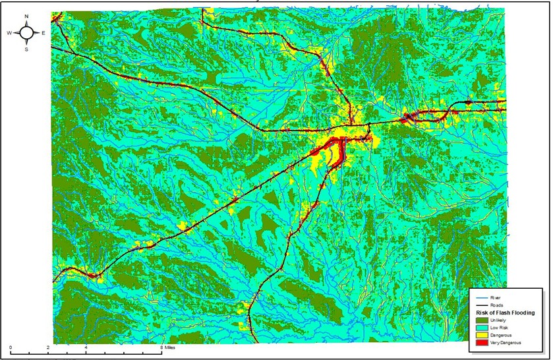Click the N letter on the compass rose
pyautogui.click(x=26, y=16)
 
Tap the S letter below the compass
pyautogui.click(x=26, y=48)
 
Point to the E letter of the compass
pyautogui.click(x=44, y=32)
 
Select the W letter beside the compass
pyautogui.click(x=9, y=32)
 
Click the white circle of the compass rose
pyautogui.click(x=26, y=32)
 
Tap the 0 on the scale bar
pyautogui.click(x=11, y=346)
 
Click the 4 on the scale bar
pyautogui.click(x=86, y=346)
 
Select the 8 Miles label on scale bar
pyautogui.click(x=169, y=346)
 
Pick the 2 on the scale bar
pyautogui.click(x=49, y=346)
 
